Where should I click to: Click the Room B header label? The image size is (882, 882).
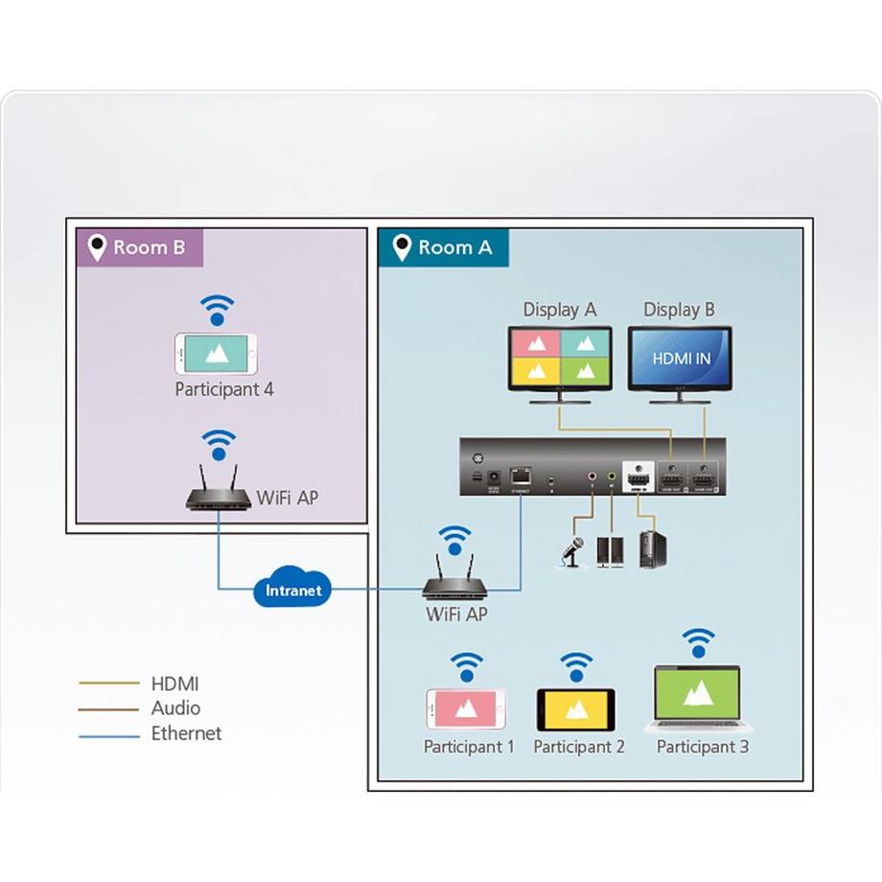click(140, 247)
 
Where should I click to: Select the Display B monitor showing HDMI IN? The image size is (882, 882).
click(680, 359)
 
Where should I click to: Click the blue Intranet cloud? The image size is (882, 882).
click(293, 590)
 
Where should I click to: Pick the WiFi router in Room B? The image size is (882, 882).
click(219, 492)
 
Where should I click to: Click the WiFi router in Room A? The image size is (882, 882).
click(455, 581)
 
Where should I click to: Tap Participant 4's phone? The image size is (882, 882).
click(216, 354)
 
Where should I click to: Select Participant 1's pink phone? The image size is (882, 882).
click(466, 709)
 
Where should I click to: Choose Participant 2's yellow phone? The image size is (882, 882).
click(576, 709)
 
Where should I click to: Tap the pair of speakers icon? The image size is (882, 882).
click(611, 550)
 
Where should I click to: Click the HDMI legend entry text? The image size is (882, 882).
click(174, 684)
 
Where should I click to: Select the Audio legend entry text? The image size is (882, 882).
click(175, 708)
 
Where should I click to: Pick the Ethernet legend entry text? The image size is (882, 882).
click(186, 733)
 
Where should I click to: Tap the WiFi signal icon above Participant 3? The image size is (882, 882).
click(698, 642)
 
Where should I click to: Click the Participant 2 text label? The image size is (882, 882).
click(579, 747)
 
